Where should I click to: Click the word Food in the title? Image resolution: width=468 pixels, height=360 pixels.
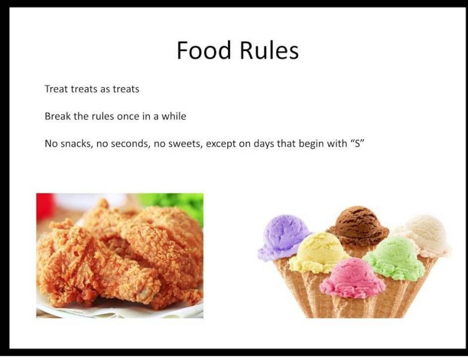[x=204, y=50]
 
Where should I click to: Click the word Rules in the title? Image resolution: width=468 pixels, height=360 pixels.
[x=269, y=50]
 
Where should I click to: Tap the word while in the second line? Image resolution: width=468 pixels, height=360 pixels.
[x=174, y=116]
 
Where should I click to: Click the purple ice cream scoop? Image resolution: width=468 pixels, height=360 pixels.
[x=283, y=237]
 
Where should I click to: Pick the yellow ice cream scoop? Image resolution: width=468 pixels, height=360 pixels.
[x=318, y=252]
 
